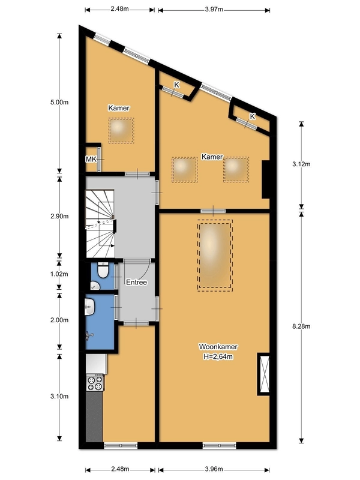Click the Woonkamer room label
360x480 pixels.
coord(218,347)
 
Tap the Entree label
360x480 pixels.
coord(137,282)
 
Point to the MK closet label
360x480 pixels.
coord(91,159)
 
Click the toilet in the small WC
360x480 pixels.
coord(102,271)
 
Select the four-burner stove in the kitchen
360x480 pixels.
coord(95,383)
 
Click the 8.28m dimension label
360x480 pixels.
coord(301,326)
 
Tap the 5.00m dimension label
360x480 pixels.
coord(59,102)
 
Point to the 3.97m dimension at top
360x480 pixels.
coord(214,9)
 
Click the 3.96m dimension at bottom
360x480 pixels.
coord(214,469)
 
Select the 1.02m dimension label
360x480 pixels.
coord(59,274)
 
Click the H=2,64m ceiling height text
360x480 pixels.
coord(218,356)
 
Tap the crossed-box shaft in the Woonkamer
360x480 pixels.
coord(264,374)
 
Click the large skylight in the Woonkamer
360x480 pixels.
coord(215,256)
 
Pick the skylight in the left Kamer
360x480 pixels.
coord(121,130)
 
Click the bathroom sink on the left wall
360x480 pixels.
coord(89,307)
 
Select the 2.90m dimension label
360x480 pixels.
coord(59,216)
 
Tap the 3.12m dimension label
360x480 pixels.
coord(301,164)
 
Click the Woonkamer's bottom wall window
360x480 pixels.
coord(220,445)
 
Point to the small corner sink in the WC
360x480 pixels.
coord(95,286)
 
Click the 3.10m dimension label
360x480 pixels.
coord(59,396)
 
